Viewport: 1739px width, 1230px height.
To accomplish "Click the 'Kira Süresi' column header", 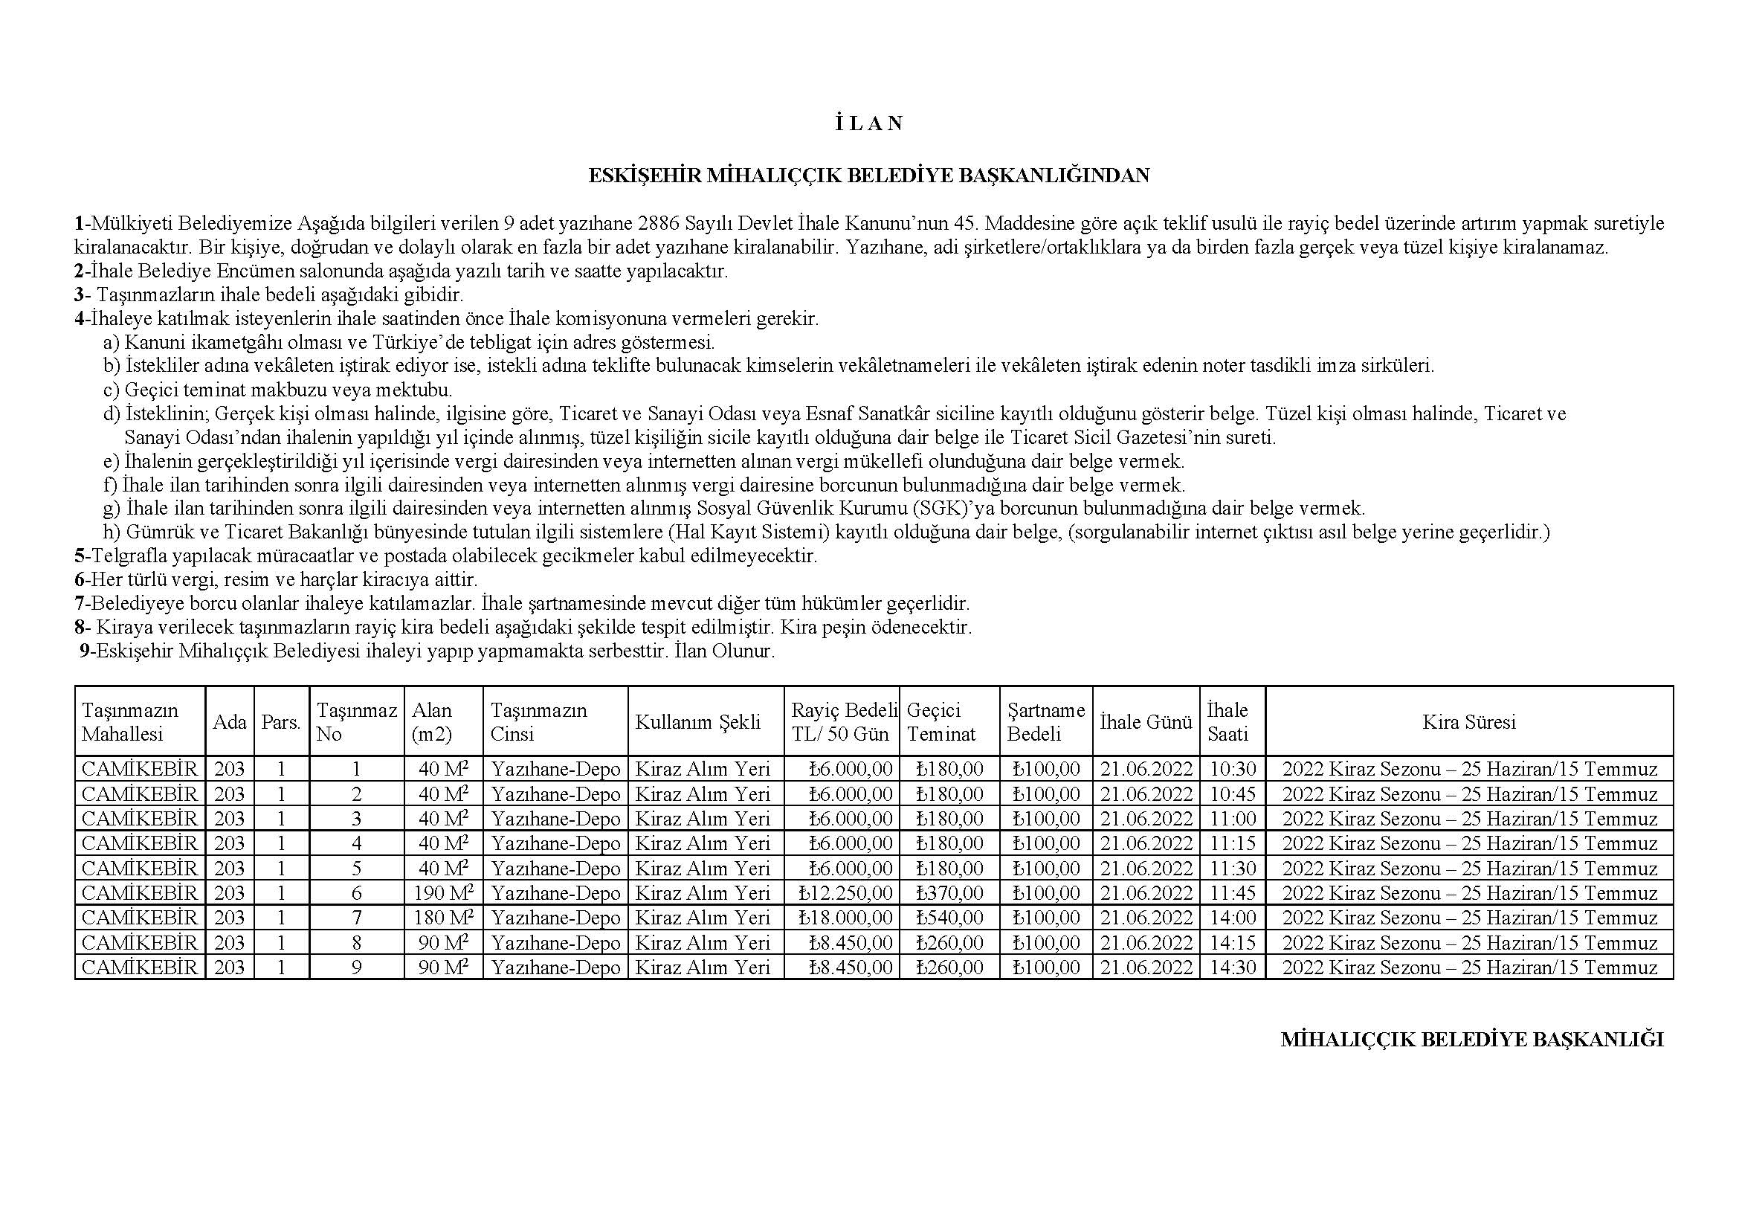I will click(x=1468, y=722).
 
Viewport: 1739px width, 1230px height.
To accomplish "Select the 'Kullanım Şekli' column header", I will click(x=697, y=722).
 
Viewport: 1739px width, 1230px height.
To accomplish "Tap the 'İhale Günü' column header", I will click(x=1145, y=722).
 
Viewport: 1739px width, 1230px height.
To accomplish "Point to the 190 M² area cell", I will click(x=443, y=893).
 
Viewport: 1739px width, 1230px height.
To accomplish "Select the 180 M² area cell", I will click(x=443, y=918).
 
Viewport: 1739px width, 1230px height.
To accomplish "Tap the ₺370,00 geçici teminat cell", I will click(x=949, y=893).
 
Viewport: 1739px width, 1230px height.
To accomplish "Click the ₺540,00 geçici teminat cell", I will click(x=949, y=918).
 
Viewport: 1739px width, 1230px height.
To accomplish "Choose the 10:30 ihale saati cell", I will click(x=1232, y=770).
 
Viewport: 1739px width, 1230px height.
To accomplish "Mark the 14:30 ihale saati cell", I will click(x=1232, y=967).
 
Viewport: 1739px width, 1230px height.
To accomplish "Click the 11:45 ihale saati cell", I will click(x=1232, y=893).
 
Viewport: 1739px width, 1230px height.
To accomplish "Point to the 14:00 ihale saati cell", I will click(x=1232, y=918).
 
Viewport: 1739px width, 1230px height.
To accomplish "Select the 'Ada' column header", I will click(x=230, y=722).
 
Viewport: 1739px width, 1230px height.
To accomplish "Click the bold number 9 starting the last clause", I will click(x=84, y=651).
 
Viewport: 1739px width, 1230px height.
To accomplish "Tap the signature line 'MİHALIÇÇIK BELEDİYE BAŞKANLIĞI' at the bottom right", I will click(x=1471, y=1039).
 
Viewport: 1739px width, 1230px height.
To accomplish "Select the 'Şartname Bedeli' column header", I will click(x=1045, y=722).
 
